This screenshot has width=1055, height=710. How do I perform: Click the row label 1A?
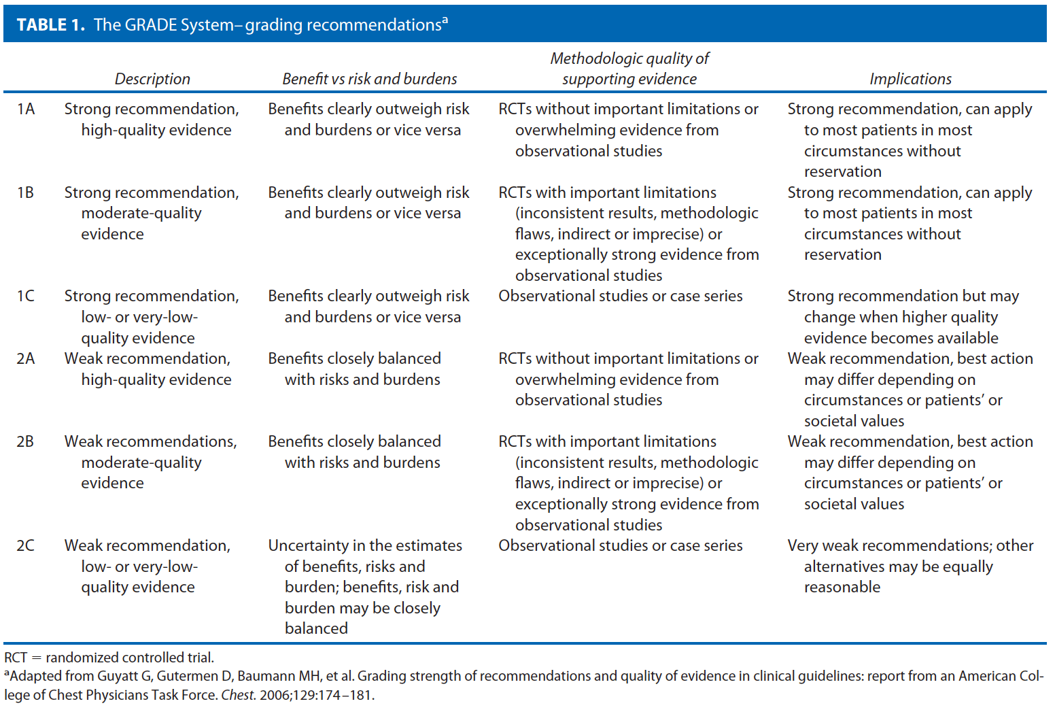point(26,109)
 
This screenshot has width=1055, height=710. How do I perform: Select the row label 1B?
point(25,192)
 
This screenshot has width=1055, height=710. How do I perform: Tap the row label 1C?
point(25,296)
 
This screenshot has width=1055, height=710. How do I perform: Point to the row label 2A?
point(26,358)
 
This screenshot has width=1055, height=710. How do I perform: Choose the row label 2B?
point(25,441)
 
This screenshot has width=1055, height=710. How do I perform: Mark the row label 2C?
point(25,545)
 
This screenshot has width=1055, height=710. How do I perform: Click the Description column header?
point(152,79)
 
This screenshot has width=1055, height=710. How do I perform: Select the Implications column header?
point(910,79)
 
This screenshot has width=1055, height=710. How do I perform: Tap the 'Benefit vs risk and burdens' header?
point(369,79)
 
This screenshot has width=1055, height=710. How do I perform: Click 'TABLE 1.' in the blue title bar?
point(50,25)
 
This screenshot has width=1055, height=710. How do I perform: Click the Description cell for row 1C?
point(151,317)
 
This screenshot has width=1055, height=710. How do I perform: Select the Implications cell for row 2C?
point(910,566)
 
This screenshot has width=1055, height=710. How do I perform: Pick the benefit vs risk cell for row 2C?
point(364,586)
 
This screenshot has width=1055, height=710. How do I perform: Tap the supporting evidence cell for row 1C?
point(620,296)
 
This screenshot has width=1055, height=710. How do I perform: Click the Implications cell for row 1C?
point(902,317)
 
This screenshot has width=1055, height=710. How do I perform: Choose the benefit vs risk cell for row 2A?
point(354,369)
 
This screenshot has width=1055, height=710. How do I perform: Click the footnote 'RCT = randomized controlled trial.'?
point(109,658)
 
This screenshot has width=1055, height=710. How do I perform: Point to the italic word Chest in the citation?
point(238,695)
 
